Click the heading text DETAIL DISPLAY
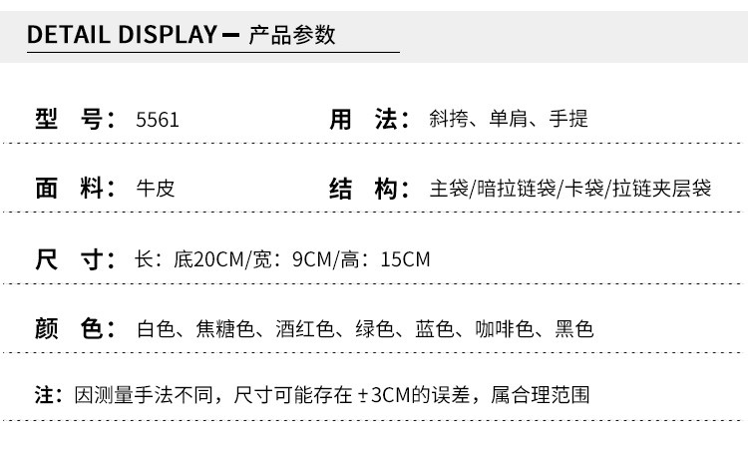click(121, 35)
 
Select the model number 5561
click(158, 120)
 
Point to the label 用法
click(369, 120)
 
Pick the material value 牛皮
click(155, 189)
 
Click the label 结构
click(369, 189)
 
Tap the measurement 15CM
click(405, 259)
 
